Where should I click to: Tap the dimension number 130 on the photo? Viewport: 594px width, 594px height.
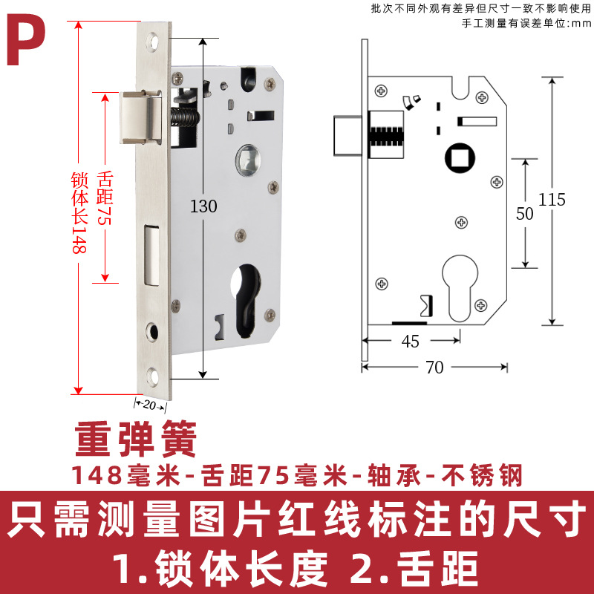(x=203, y=206)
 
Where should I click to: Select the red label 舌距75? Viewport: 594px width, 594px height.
(x=104, y=190)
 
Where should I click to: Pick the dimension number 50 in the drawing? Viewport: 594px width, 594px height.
(x=525, y=213)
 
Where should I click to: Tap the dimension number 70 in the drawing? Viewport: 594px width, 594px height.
(x=435, y=368)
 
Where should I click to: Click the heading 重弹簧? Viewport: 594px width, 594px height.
(x=135, y=440)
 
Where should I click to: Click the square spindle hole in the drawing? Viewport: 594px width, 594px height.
(x=456, y=157)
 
